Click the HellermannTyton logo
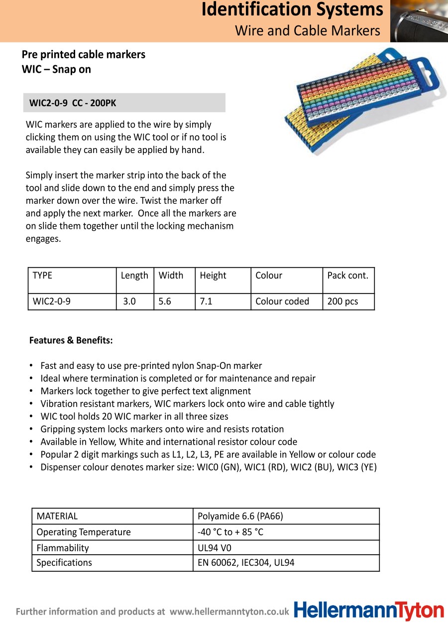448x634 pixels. coord(369,611)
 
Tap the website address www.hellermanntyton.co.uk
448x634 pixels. coord(229,612)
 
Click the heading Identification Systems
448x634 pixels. coord(292,9)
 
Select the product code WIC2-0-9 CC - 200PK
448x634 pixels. coord(73,103)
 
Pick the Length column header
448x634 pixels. coord(134,276)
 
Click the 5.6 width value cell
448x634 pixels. coord(165,302)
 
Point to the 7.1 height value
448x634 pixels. coord(206,302)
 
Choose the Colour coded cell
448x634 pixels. coord(282,302)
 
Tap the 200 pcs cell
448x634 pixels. coord(342,302)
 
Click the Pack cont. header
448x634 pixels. coord(347,276)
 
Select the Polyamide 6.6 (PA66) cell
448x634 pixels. coord(240,516)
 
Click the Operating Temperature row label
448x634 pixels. coord(84,532)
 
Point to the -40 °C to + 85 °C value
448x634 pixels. coord(230,532)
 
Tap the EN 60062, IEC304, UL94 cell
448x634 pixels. coord(246,563)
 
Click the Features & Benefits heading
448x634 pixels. coord(71,341)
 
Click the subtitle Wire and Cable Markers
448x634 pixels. coord(307,30)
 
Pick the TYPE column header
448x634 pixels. coord(42,276)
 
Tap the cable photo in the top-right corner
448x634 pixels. coord(419,21)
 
